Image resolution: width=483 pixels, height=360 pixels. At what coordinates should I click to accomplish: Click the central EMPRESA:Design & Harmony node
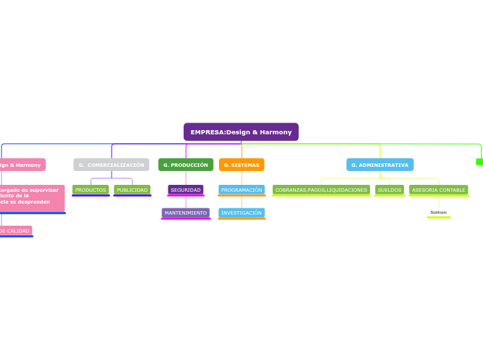(x=240, y=132)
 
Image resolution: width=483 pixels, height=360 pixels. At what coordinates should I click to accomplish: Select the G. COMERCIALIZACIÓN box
(x=112, y=165)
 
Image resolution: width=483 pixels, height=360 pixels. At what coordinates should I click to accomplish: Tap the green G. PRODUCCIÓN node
(x=186, y=165)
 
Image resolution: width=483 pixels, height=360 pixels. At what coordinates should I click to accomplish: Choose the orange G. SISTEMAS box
(x=242, y=165)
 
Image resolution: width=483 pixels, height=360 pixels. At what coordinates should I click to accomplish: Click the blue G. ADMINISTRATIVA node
(x=380, y=165)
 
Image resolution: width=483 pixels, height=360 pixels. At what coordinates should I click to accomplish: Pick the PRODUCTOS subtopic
(x=91, y=190)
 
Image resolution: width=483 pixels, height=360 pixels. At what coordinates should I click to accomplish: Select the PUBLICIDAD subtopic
(x=132, y=190)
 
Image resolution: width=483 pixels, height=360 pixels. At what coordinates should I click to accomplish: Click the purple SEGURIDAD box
(x=186, y=190)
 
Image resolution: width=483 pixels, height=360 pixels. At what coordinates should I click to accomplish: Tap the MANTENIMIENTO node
(x=186, y=213)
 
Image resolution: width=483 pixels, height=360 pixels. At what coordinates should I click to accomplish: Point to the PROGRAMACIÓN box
(x=242, y=190)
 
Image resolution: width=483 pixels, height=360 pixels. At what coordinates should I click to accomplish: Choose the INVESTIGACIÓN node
(x=242, y=213)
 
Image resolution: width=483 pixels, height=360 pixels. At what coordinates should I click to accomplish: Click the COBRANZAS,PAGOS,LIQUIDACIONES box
(x=321, y=190)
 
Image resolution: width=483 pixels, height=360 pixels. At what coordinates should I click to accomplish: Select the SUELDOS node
(x=389, y=190)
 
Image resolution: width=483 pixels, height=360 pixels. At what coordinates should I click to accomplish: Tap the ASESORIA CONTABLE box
(x=439, y=190)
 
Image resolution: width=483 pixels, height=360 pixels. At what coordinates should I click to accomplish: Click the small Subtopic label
(x=439, y=212)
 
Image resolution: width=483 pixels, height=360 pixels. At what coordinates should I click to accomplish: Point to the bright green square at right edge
(x=480, y=162)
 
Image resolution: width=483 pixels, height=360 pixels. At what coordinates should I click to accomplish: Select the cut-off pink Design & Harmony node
(x=21, y=165)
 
